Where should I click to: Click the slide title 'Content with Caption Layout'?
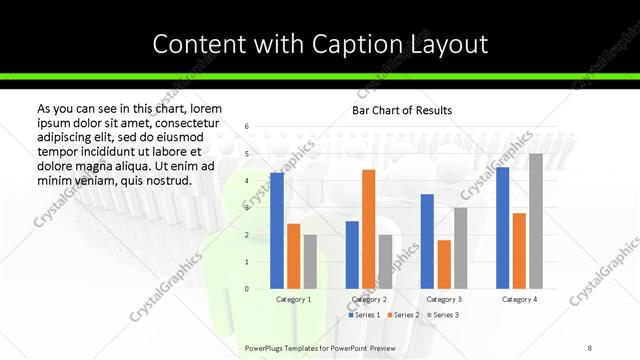point(320,44)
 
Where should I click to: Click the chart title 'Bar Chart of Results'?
point(402,110)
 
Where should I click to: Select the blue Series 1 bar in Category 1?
point(277,231)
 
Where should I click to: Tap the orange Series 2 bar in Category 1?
point(293,256)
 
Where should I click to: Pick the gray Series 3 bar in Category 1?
point(310,262)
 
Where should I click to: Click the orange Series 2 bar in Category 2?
point(368,229)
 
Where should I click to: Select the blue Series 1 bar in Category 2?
point(352,255)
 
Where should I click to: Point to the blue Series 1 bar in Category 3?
point(427,241)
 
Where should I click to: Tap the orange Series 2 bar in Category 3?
point(444,264)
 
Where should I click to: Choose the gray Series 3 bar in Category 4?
point(535,221)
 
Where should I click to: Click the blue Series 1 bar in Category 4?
point(502,228)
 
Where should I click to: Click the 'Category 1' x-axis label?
point(293,299)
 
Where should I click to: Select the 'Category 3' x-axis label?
point(444,299)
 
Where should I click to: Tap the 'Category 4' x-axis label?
point(519,299)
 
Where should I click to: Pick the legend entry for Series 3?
point(442,315)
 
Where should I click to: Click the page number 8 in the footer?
point(590,346)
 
